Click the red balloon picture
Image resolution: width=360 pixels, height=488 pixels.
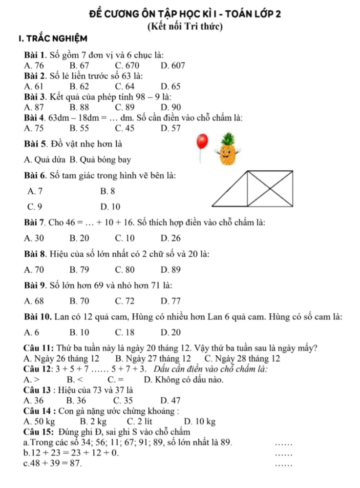[x=201, y=142]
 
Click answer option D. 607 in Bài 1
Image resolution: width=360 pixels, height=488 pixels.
[x=171, y=64]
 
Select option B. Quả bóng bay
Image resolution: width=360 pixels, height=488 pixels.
[x=109, y=159]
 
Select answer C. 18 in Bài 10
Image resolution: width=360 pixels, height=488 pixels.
[x=125, y=331]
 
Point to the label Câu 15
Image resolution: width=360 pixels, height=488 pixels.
[x=36, y=431]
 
